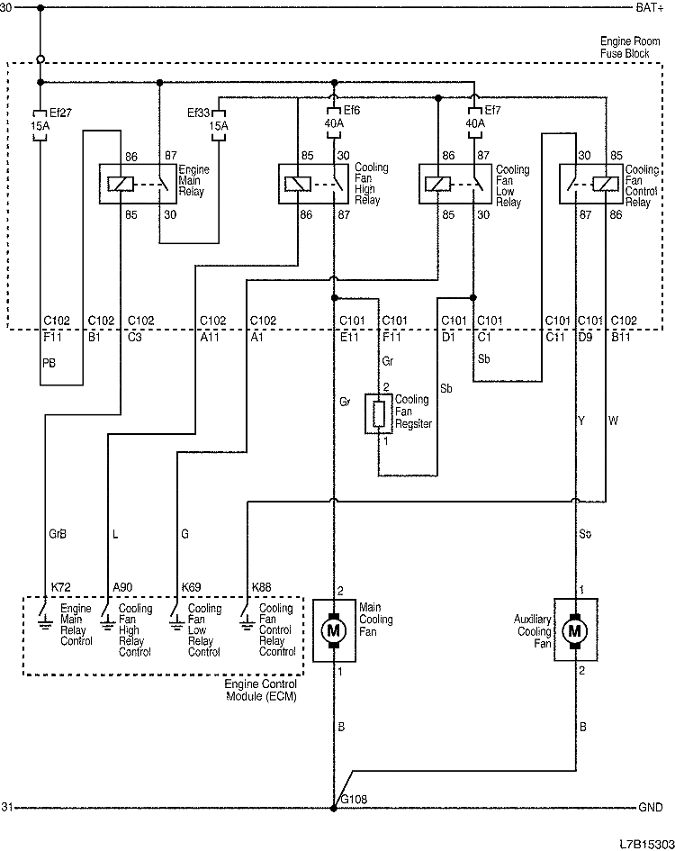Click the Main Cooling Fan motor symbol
click(x=334, y=630)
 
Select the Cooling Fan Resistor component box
click(x=378, y=413)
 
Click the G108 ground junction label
click(x=352, y=799)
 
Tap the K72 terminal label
click(x=60, y=587)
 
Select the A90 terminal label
click(x=122, y=587)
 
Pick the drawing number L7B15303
click(x=644, y=843)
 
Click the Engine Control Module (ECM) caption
click(x=262, y=689)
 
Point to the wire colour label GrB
click(x=57, y=533)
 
